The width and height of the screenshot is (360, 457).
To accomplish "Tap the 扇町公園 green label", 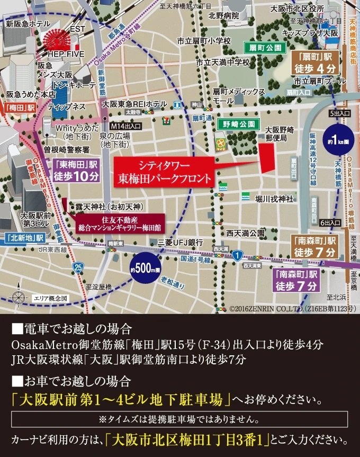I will [x=265, y=47].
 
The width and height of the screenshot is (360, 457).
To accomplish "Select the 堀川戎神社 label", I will [x=274, y=199].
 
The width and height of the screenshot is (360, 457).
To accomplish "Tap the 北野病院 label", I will [x=223, y=16].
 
